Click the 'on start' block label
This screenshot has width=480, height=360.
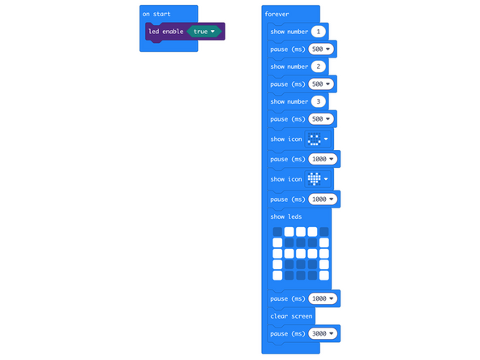tap(156, 15)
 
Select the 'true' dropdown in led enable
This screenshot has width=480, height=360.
tap(205, 32)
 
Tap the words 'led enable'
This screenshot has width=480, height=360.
tap(165, 32)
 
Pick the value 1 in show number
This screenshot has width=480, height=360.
tap(319, 32)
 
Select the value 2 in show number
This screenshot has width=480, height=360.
tap(319, 66)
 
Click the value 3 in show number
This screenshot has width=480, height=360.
tap(319, 101)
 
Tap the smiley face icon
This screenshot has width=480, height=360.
tap(314, 139)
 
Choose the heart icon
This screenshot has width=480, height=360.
tap(314, 179)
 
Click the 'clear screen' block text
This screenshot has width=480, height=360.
tap(292, 315)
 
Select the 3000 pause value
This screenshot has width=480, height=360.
tap(323, 333)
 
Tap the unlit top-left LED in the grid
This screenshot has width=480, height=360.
tap(277, 232)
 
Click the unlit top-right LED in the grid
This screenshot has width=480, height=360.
tap(324, 232)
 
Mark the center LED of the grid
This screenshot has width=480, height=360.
tap(301, 254)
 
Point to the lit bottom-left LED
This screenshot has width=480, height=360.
tap(277, 276)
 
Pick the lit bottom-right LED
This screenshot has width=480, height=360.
tap(324, 276)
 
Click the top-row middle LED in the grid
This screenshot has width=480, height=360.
tap(301, 232)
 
